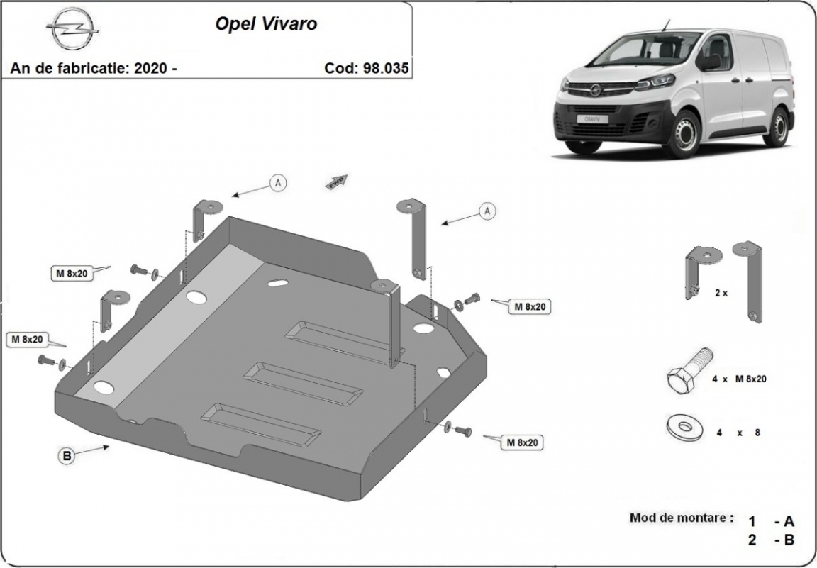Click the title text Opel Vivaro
pyautogui.click(x=266, y=23)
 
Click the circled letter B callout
pyautogui.click(x=67, y=456)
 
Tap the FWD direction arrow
pyautogui.click(x=338, y=181)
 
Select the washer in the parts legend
pyautogui.click(x=684, y=428)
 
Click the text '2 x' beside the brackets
pyautogui.click(x=721, y=292)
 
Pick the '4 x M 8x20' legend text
pyautogui.click(x=739, y=379)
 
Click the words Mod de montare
pyautogui.click(x=681, y=518)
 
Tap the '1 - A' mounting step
pyautogui.click(x=770, y=521)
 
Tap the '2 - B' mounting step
pyautogui.click(x=770, y=540)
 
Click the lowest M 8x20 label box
pyautogui.click(x=522, y=442)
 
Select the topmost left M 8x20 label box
pyautogui.click(x=72, y=274)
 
